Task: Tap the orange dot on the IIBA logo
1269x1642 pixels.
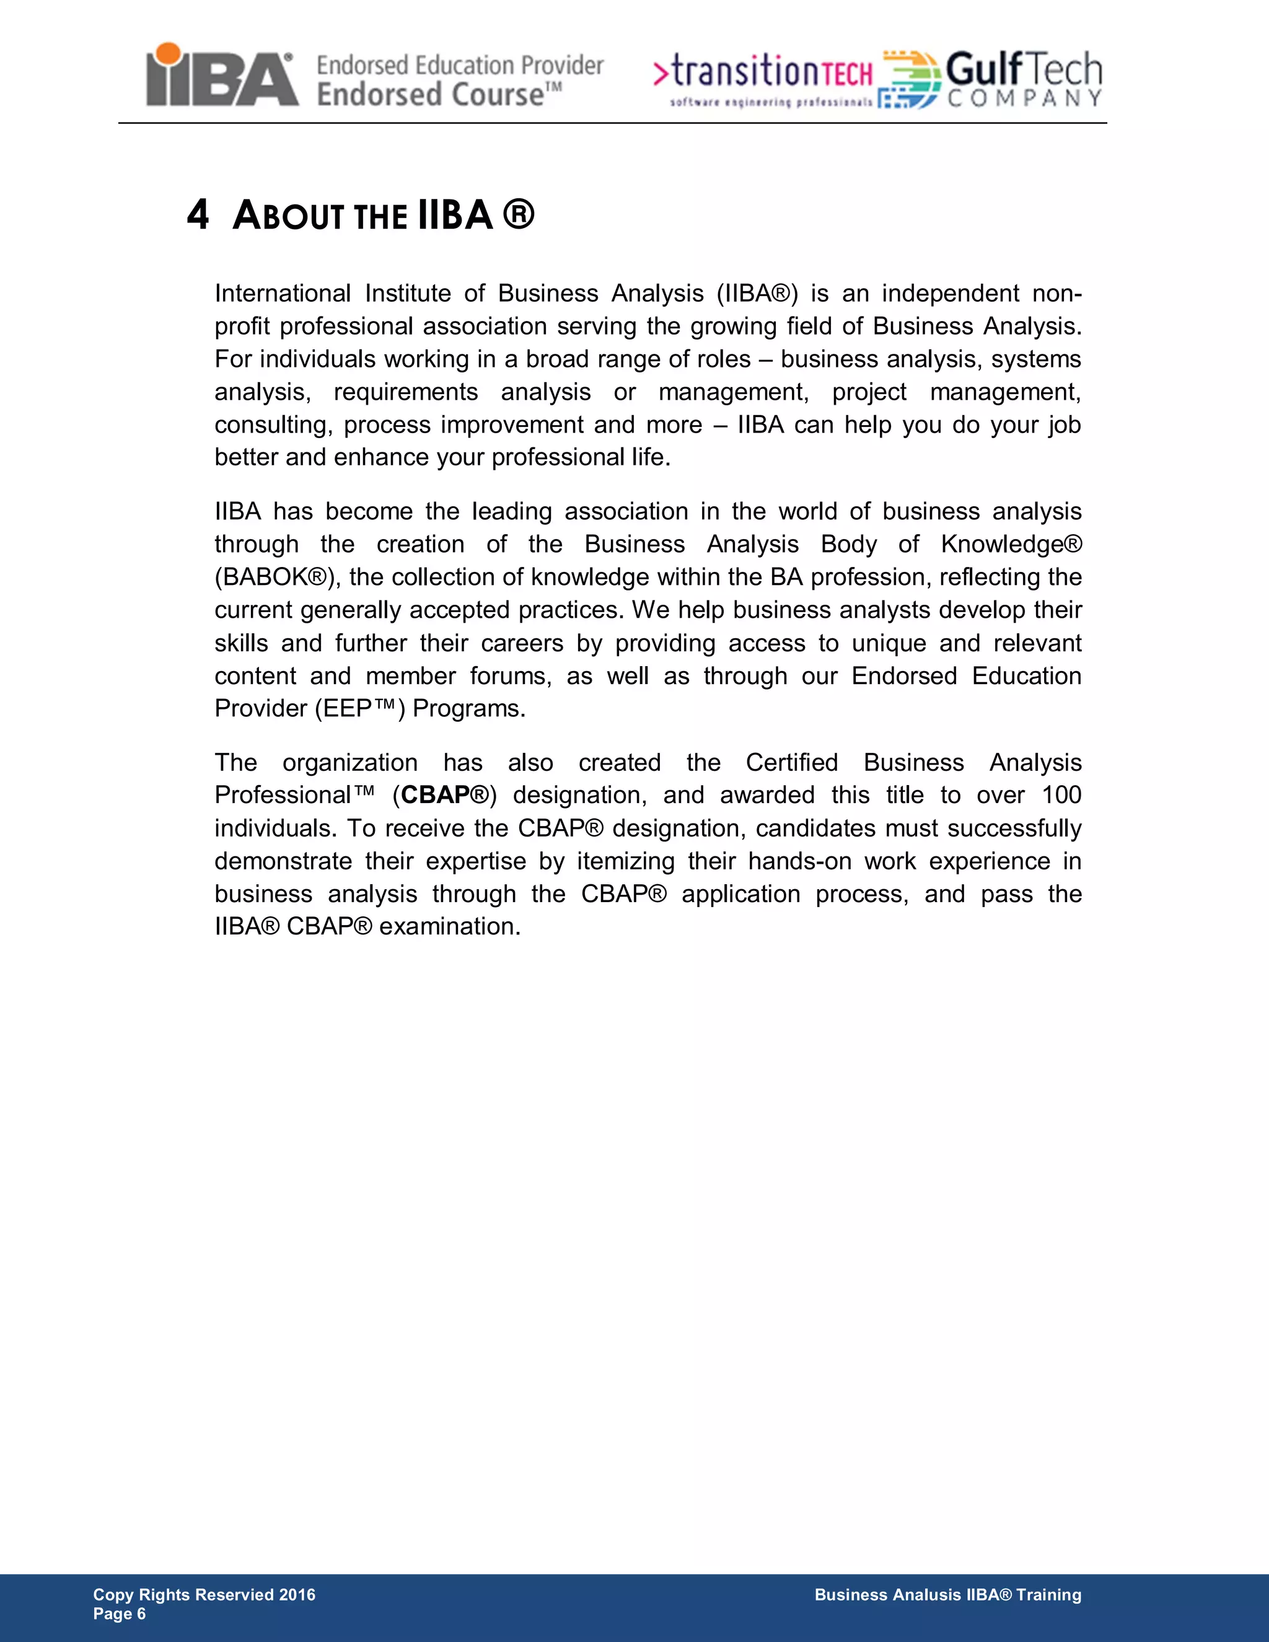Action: click(168, 54)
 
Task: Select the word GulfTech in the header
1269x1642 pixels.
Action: click(1023, 70)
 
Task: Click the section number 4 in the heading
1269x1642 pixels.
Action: click(197, 215)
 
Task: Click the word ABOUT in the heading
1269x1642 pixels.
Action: click(288, 216)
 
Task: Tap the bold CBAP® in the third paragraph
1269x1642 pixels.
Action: click(445, 795)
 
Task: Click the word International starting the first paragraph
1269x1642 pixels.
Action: click(282, 293)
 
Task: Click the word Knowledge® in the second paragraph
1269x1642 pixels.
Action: click(1011, 543)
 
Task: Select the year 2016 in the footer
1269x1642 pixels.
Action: click(297, 1595)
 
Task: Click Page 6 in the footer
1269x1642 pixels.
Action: click(120, 1614)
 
